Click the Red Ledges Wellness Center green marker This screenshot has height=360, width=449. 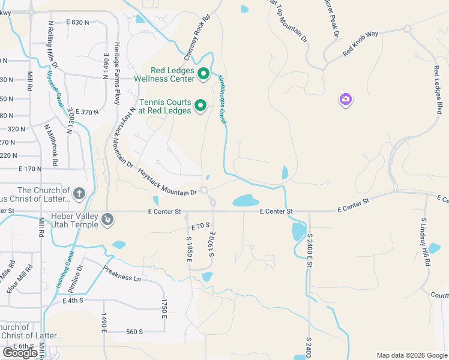(203, 74)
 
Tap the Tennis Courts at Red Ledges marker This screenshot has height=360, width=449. (200, 106)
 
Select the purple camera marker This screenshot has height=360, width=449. (345, 100)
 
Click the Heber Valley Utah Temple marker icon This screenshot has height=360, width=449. (107, 220)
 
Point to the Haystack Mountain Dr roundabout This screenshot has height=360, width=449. (205, 190)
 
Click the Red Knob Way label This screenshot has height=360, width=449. (360, 43)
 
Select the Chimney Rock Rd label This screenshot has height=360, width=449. (199, 37)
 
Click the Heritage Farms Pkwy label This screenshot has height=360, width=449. (118, 73)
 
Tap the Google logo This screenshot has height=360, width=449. (20, 352)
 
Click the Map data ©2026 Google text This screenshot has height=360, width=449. (411, 355)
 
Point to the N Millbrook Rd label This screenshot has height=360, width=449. (50, 145)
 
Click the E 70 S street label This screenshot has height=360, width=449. (200, 227)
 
